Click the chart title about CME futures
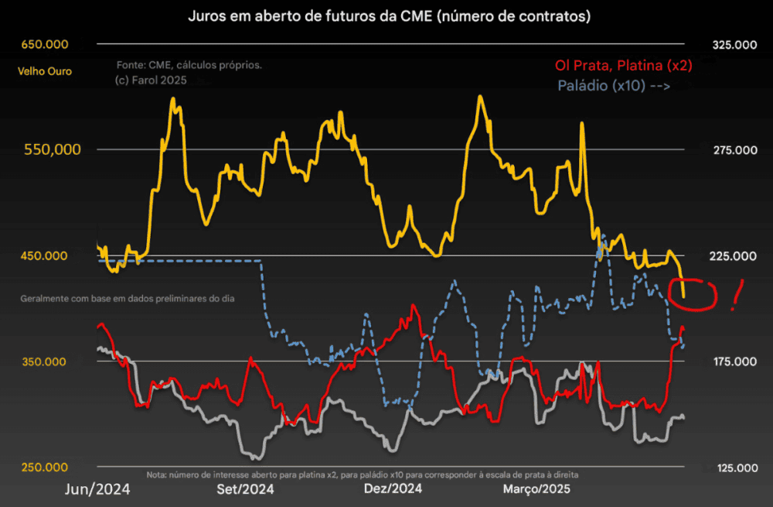coord(386,15)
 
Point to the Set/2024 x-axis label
coord(244,489)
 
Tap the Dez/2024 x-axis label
coord(393,489)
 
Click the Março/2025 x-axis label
coord(536,489)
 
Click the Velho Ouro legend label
coord(44,71)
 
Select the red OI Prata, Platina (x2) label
coord(623,66)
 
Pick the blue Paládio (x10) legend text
coord(613,86)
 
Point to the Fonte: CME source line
coord(189,65)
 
